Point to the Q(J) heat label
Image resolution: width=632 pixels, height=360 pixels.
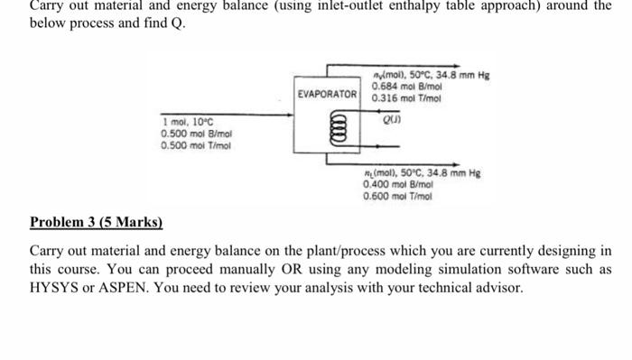click(x=392, y=115)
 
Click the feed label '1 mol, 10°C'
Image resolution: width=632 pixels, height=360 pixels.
click(x=188, y=122)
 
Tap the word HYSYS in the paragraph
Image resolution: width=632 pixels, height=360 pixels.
click(x=62, y=288)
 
